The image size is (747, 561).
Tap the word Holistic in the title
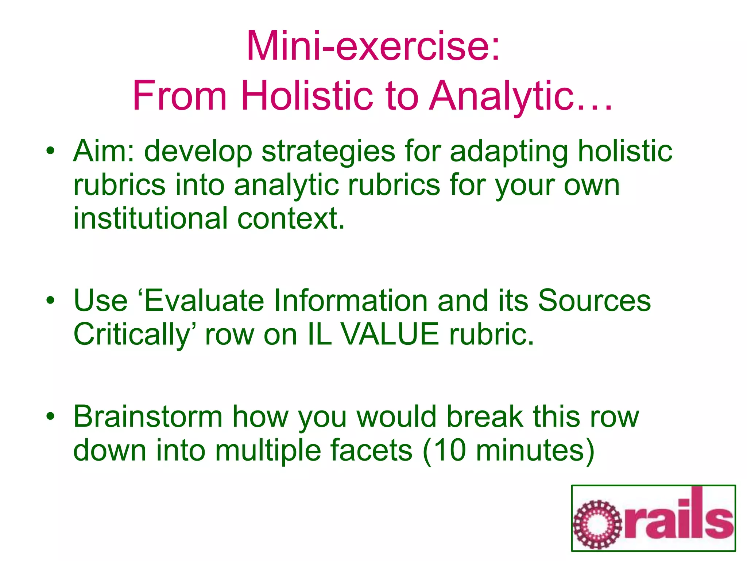click(x=307, y=96)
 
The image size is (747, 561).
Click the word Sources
click(x=594, y=301)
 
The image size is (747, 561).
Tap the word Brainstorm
click(x=148, y=417)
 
